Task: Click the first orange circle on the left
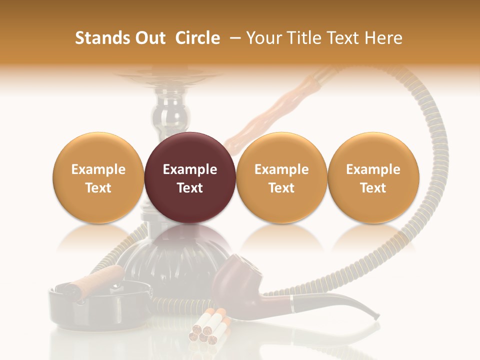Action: tap(98, 177)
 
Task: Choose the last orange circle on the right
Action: tap(373, 177)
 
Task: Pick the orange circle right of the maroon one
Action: tap(281, 177)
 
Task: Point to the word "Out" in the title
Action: tap(149, 38)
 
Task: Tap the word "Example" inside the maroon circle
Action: tap(189, 169)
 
